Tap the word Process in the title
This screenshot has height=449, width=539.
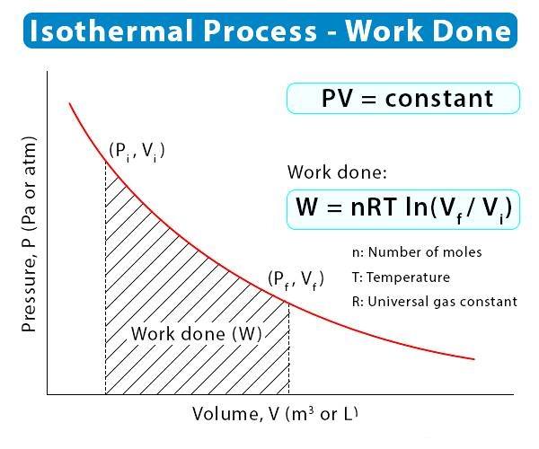pyautogui.click(x=260, y=31)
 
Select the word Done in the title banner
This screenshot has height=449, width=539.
pyautogui.click(x=472, y=31)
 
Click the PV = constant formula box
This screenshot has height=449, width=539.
pyautogui.click(x=403, y=98)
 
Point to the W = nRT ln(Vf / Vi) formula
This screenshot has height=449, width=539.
pyautogui.click(x=403, y=209)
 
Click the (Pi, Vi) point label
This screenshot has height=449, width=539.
pyautogui.click(x=137, y=151)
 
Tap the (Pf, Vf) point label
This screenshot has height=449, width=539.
pyautogui.click(x=296, y=279)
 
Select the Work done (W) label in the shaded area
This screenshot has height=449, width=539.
pyautogui.click(x=196, y=333)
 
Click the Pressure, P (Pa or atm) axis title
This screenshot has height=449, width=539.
pyautogui.click(x=29, y=234)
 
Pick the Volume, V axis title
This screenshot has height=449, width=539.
pyautogui.click(x=275, y=414)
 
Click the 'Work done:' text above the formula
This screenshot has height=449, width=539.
pyautogui.click(x=337, y=172)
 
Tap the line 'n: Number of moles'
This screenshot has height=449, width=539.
pyautogui.click(x=417, y=252)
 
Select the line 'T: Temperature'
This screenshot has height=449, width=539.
pyautogui.click(x=401, y=277)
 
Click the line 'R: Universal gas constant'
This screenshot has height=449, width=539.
pyautogui.click(x=435, y=302)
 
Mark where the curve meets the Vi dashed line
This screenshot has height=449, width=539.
pyautogui.click(x=105, y=162)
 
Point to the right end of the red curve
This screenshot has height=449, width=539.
pyautogui.click(x=474, y=359)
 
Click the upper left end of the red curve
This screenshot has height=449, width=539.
pyautogui.click(x=70, y=103)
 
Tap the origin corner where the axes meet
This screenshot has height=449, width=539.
pyautogui.click(x=47, y=394)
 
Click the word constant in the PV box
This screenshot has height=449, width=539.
pyautogui.click(x=439, y=99)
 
